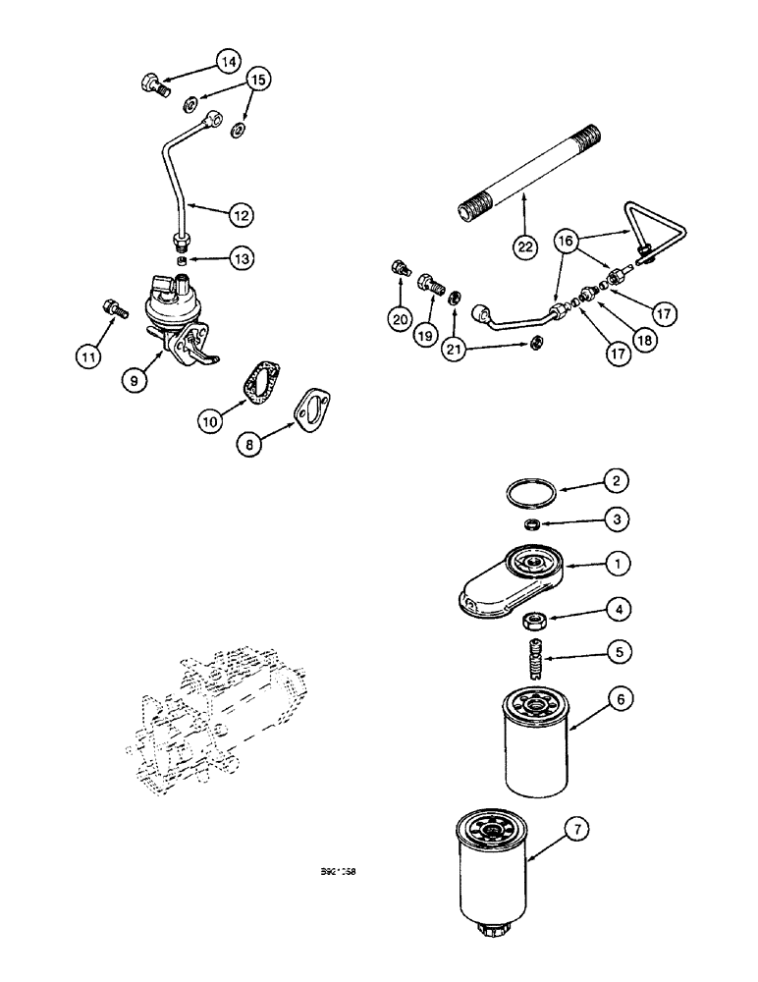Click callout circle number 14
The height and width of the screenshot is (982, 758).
[228, 62]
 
